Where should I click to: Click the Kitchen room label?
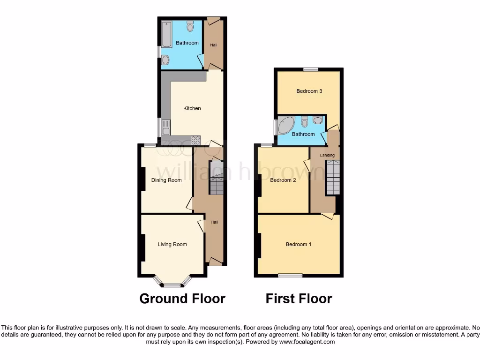click(x=192, y=108)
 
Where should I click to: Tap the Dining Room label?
click(x=166, y=180)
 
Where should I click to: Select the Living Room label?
click(x=172, y=244)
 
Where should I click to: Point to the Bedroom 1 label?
click(x=299, y=244)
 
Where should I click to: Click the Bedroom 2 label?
click(x=283, y=180)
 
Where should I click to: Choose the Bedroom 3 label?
click(x=309, y=91)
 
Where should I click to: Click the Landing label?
click(x=327, y=155)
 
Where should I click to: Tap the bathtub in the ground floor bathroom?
click(x=167, y=34)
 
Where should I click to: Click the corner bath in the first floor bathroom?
click(x=285, y=125)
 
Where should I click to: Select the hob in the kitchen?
click(x=195, y=139)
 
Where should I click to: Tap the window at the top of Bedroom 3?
click(x=310, y=69)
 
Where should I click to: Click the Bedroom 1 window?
click(x=290, y=275)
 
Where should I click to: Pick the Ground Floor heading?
click(x=182, y=299)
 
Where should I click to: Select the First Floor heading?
click(x=299, y=299)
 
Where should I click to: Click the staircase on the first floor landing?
click(x=333, y=177)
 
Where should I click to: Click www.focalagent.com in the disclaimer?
click(x=307, y=342)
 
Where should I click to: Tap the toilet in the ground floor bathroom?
click(x=190, y=27)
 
